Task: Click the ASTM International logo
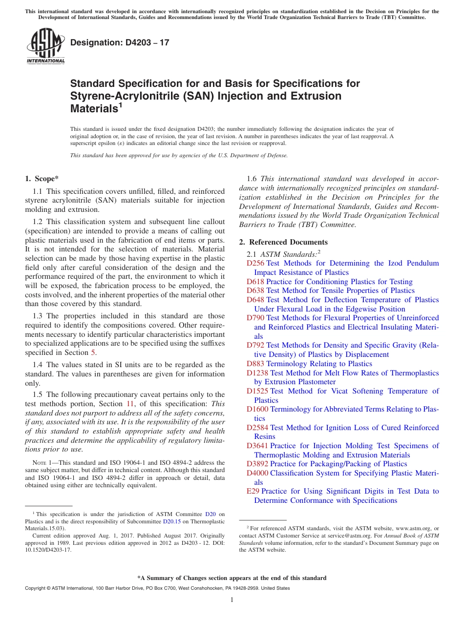coord(45,46)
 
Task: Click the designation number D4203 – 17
coord(120,42)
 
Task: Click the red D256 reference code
coord(255,263)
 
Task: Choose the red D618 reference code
coord(255,282)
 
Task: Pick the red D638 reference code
coord(255,290)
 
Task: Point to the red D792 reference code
coord(255,346)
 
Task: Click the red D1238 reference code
coord(257,373)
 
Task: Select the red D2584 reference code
coord(257,428)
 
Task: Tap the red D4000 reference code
coord(257,473)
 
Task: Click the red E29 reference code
coord(253,491)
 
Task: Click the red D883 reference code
coord(255,364)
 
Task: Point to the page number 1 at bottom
coord(232,600)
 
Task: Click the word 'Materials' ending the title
coord(92,108)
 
